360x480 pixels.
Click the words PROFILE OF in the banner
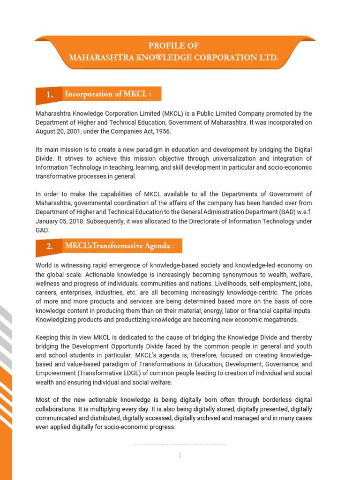pyautogui.click(x=173, y=46)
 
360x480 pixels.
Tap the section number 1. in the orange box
pyautogui.click(x=50, y=95)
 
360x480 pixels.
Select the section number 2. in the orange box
pyautogui.click(x=50, y=247)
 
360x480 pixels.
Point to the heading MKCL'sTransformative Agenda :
pyautogui.click(x=120, y=246)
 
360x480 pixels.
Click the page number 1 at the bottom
pyautogui.click(x=180, y=456)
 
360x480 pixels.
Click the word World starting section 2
pyautogui.click(x=44, y=266)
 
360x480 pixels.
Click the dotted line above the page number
pyautogui.click(x=180, y=444)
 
